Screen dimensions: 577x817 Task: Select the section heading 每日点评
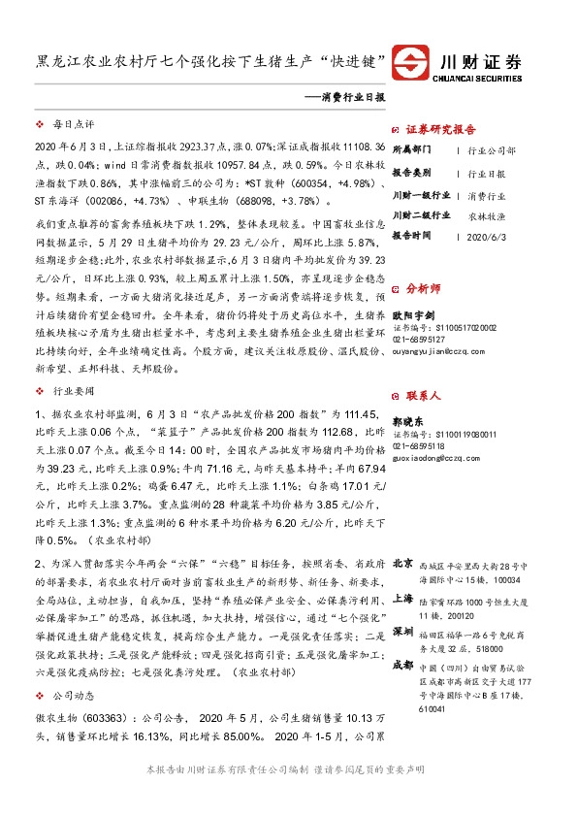click(72, 126)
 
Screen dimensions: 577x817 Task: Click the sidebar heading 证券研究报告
click(440, 129)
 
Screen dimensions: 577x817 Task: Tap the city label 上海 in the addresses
click(401, 600)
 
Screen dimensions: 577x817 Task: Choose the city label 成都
click(401, 665)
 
